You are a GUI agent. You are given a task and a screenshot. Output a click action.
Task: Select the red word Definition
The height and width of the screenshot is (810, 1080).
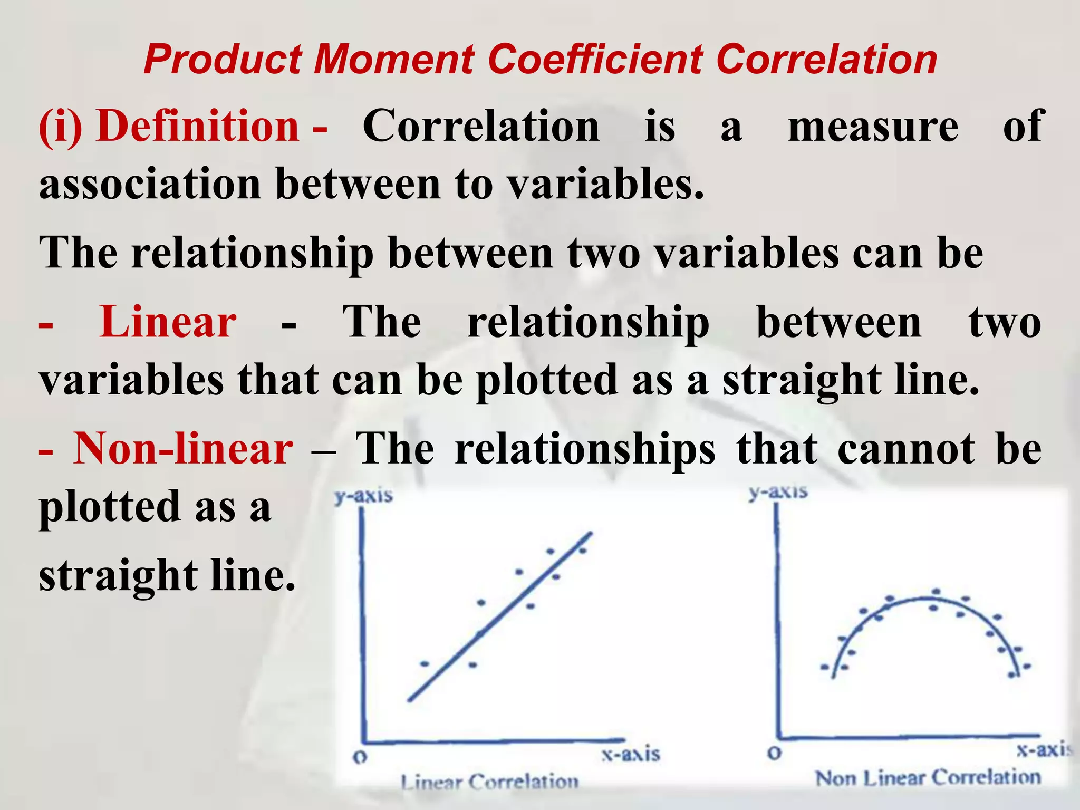[x=198, y=127]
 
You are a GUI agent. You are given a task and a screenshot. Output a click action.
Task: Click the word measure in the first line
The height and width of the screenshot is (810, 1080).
[x=873, y=127]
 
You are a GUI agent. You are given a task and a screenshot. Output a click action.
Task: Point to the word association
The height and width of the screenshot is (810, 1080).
[x=150, y=185]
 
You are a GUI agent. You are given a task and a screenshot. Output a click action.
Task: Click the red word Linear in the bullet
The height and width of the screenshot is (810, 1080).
[x=168, y=322]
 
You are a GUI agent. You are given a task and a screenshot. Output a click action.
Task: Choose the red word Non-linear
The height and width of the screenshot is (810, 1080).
[x=183, y=449]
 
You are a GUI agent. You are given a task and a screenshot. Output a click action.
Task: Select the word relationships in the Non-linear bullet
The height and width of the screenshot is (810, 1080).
[x=585, y=449]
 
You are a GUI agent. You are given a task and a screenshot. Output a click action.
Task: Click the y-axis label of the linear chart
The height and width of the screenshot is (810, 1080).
[x=364, y=496]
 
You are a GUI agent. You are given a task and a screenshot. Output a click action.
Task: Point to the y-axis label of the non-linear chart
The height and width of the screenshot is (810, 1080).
[x=778, y=491]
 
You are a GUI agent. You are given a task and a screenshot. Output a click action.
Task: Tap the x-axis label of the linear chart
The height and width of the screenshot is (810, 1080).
[x=631, y=754]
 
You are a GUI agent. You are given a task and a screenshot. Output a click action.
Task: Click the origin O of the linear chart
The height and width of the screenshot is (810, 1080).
[x=360, y=758]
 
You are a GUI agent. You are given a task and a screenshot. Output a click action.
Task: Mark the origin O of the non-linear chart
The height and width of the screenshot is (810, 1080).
[x=774, y=753]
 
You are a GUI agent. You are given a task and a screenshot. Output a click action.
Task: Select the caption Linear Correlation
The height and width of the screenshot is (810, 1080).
[x=489, y=782]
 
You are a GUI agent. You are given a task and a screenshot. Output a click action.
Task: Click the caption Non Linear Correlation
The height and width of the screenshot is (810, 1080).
[x=928, y=777]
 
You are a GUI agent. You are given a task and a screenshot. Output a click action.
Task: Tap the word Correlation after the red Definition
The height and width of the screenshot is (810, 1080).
[x=481, y=127]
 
